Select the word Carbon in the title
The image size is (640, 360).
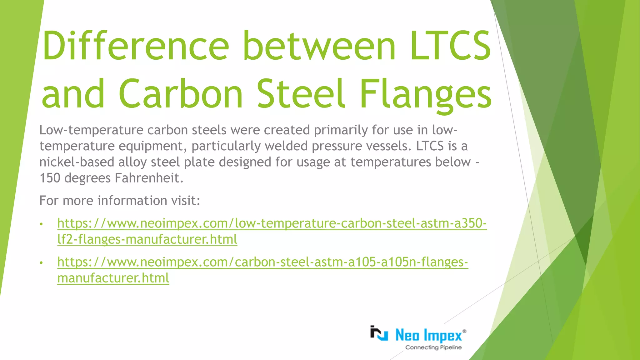(x=181, y=94)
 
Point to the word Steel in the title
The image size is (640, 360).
(x=301, y=94)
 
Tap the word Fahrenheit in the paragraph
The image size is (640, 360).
(x=149, y=178)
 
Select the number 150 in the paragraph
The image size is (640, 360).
(x=50, y=178)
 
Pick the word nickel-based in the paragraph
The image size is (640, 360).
(x=77, y=162)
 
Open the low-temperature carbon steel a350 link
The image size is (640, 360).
(x=272, y=223)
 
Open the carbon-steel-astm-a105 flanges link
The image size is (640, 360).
(x=262, y=262)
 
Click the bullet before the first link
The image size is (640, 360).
(x=41, y=224)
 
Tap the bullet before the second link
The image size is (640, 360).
(x=41, y=263)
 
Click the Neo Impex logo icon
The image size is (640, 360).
(x=379, y=334)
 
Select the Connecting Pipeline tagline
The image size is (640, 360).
(x=433, y=347)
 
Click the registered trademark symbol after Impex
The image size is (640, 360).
(x=464, y=331)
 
